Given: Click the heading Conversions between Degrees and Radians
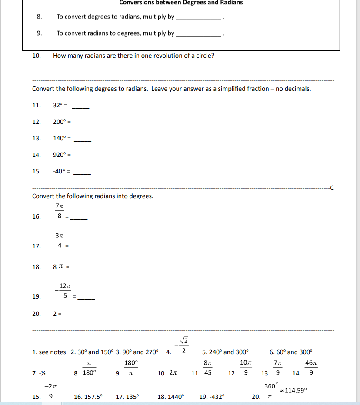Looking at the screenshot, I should pos(181,3).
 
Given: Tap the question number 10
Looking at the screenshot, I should pos(37,56).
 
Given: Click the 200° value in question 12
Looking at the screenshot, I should pos(60,122).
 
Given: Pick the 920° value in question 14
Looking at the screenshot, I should pos(60,155).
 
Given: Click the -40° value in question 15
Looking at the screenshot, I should pos(60,171).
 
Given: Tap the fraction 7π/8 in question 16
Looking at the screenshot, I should pos(60,210).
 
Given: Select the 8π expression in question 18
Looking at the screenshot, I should pos(58,267).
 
